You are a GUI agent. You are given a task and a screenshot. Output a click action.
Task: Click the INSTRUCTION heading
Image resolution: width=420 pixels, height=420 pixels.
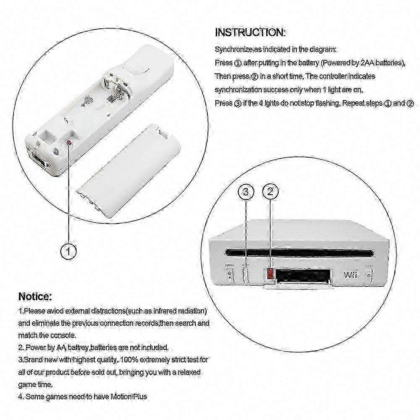point(250,32)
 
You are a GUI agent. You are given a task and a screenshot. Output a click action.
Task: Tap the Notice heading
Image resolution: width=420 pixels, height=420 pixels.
point(35,297)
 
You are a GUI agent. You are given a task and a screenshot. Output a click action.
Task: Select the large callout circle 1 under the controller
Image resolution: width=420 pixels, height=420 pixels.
point(69,252)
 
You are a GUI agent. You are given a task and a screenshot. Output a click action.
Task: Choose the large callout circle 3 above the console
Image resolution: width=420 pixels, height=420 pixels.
point(246,192)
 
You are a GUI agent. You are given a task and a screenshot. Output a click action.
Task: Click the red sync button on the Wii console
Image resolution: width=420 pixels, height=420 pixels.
point(270,274)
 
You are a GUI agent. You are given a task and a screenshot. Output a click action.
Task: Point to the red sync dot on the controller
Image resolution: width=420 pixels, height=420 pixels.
point(69,142)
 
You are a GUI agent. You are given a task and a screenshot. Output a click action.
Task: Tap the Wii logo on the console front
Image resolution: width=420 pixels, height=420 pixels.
point(350,275)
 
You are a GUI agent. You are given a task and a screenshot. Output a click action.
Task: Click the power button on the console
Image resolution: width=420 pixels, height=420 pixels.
point(229,275)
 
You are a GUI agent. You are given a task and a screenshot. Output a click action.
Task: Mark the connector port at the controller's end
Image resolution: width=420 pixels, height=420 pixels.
point(39,160)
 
